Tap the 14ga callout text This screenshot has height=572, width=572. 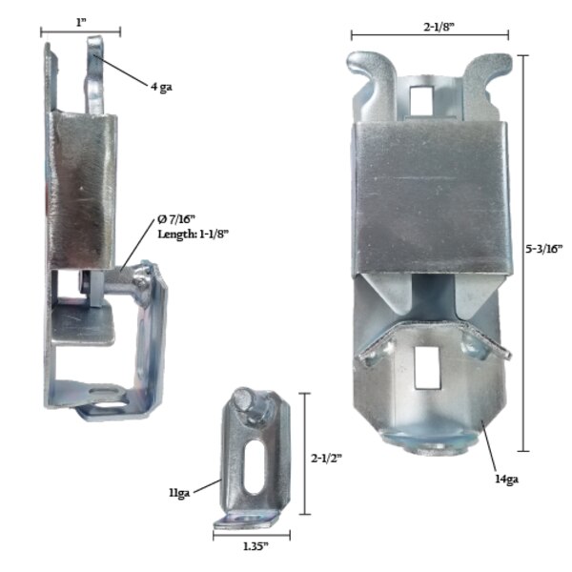(x=505, y=480)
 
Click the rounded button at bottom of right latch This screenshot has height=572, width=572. (x=425, y=441)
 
